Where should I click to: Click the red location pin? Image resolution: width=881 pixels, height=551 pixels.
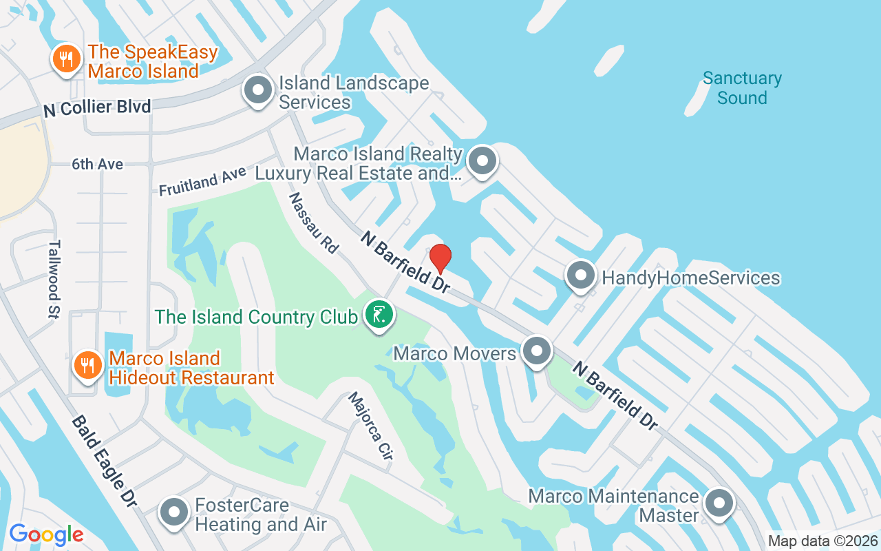[x=440, y=258]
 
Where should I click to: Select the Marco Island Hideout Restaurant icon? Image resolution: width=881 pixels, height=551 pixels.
[x=87, y=364]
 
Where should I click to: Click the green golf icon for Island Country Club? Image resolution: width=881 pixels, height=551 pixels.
[x=379, y=315]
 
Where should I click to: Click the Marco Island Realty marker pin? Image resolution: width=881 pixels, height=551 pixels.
[x=482, y=161]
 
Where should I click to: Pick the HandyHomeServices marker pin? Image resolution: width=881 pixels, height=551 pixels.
[x=580, y=276]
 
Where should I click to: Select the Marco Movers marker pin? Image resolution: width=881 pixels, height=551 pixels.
[x=537, y=352]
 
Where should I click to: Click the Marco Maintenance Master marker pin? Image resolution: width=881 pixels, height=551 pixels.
[x=719, y=503]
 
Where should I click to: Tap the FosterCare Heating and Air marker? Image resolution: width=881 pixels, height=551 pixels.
[x=175, y=512]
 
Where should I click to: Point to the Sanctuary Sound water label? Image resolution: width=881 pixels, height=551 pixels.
[x=742, y=88]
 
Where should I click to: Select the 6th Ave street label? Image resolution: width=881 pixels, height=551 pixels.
[x=98, y=165]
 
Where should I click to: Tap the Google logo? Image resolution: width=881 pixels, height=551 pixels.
[x=46, y=534]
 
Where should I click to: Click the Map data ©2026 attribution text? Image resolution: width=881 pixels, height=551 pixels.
[x=822, y=541]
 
